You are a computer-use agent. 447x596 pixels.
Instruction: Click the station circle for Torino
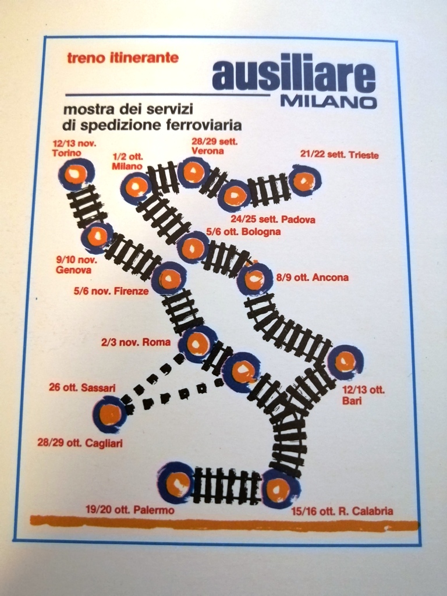click(76, 173)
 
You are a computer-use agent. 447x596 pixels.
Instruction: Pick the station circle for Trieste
click(304, 180)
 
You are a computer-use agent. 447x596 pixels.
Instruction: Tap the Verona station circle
click(193, 172)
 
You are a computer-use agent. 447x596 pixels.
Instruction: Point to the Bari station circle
click(345, 361)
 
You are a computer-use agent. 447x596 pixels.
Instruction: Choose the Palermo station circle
click(176, 483)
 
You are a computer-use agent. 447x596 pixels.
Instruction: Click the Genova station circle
click(97, 236)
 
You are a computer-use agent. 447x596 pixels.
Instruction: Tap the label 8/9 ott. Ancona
click(313, 278)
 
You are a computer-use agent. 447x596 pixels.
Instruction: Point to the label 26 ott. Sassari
click(82, 387)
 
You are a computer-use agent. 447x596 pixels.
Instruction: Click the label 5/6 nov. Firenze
click(111, 291)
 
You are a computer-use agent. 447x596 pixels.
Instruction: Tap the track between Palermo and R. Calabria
click(227, 485)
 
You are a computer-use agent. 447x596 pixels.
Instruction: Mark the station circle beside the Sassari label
click(110, 414)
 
